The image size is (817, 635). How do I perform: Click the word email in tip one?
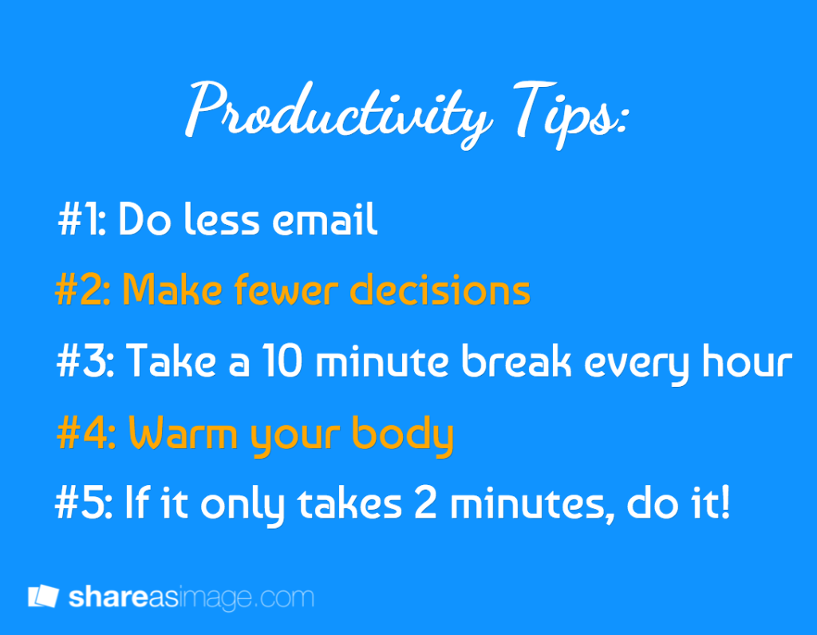pyautogui.click(x=325, y=219)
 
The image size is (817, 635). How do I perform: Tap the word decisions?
pyautogui.click(x=440, y=289)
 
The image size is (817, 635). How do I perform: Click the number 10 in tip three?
pyautogui.click(x=282, y=361)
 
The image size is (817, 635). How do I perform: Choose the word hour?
pyautogui.click(x=747, y=361)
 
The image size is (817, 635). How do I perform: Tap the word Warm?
pyautogui.click(x=184, y=432)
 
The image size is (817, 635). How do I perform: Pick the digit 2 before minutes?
pyautogui.click(x=426, y=503)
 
